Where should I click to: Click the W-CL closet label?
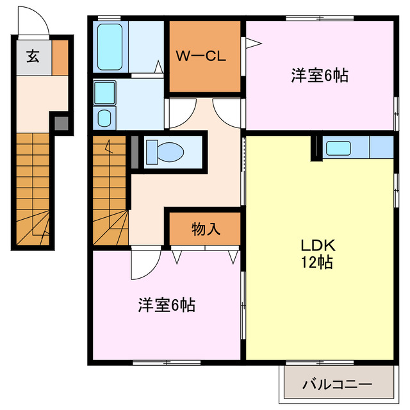[201, 56]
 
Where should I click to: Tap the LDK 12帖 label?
[315, 253]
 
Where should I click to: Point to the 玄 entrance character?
[32, 55]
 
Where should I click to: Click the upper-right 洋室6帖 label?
[319, 76]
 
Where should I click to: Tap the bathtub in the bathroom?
[111, 47]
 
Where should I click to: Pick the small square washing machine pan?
[104, 117]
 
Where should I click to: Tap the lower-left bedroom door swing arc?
[145, 264]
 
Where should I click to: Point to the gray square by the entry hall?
[60, 122]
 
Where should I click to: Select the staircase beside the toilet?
[110, 192]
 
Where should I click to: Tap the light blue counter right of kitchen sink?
[381, 147]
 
